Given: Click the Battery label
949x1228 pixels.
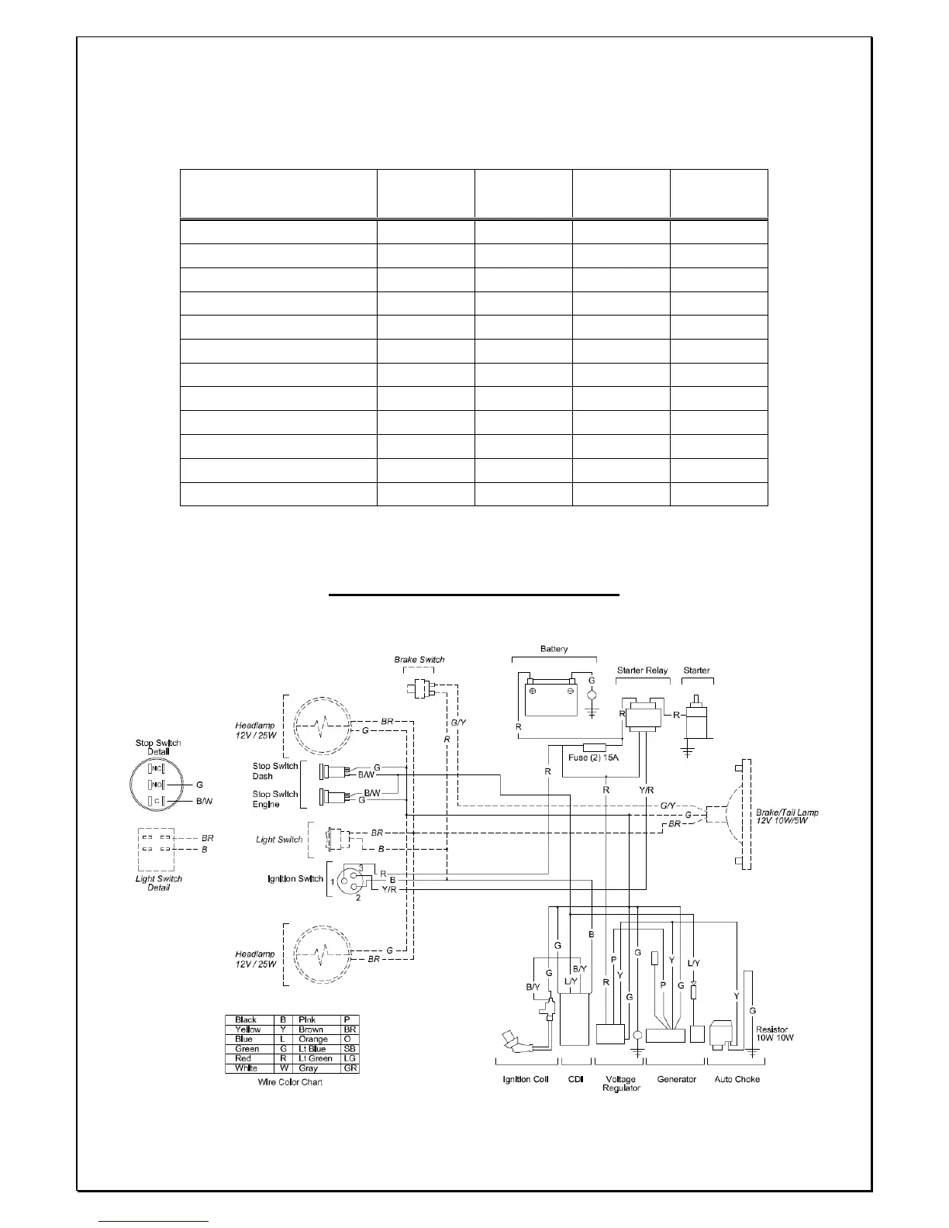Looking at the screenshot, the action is pos(554,649).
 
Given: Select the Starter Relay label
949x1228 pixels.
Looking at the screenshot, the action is pos(642,671).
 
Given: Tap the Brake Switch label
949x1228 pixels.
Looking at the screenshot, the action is pos(419,660).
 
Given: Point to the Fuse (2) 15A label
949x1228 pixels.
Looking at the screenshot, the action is pos(593,757).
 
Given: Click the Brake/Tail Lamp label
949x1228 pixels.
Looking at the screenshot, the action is pos(787,817).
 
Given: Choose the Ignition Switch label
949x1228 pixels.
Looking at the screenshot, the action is pos(295,878).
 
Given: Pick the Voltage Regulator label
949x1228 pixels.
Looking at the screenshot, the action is pos(620,1083).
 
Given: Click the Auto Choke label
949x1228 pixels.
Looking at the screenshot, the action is pos(737,1079).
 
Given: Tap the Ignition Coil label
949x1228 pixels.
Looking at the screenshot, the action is pos(525,1079).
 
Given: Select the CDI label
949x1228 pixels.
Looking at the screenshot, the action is pos(575,1079).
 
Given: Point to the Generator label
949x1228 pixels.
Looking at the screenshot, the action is pos(676,1079).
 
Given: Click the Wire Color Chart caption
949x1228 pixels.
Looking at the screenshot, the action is pos(290,1081).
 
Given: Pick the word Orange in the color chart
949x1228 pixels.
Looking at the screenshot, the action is pos(313,1039).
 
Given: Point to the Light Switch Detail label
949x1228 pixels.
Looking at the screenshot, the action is pos(159,883).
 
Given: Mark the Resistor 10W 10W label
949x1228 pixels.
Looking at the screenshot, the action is pos(775,1033).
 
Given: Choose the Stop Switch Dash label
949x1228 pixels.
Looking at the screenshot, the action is pos(275,771).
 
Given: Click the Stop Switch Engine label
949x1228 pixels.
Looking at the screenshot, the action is pos(275,799).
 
